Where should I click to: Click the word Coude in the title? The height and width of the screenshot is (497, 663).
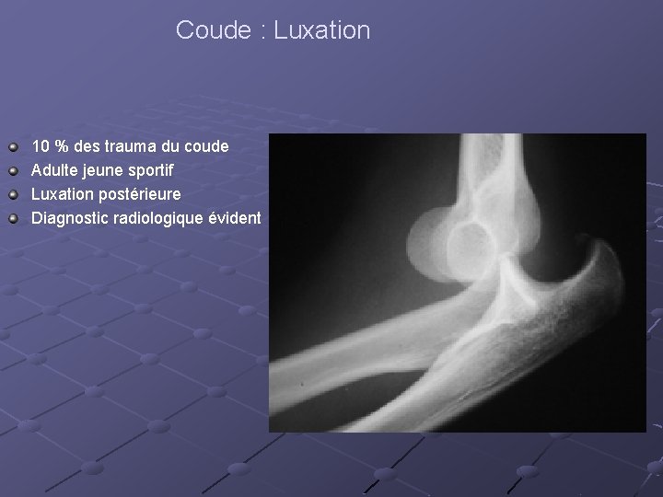[x=211, y=30]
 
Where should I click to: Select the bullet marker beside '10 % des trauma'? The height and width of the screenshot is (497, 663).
[x=11, y=146]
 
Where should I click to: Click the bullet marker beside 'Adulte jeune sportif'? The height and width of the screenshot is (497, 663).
[x=11, y=170]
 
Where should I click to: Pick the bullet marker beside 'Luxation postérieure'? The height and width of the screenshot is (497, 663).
[x=11, y=194]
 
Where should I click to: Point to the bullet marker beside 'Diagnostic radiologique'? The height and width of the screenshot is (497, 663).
[x=11, y=218]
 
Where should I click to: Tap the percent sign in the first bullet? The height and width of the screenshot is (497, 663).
[x=63, y=146]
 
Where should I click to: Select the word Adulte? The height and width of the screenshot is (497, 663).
[x=55, y=170]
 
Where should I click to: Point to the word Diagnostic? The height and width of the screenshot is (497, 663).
[x=69, y=218]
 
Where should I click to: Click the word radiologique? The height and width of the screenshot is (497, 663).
[x=156, y=218]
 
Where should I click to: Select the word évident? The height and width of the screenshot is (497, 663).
[x=234, y=218]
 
